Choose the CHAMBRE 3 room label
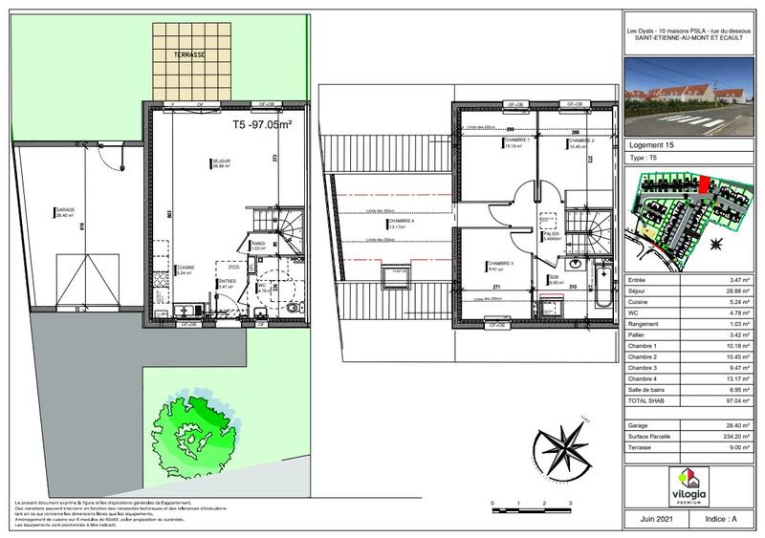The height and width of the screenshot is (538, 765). point(499,264)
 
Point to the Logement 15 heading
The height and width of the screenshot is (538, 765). point(655,144)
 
